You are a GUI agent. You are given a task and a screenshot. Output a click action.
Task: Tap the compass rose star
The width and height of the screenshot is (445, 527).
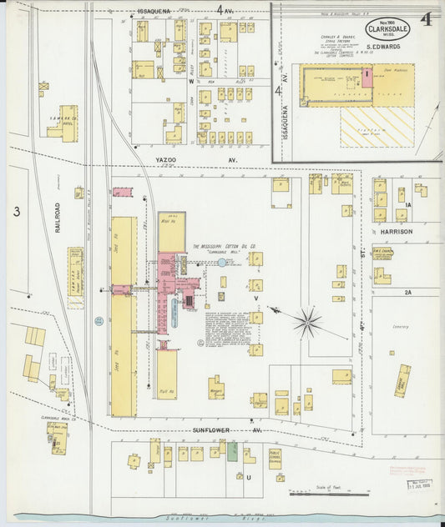pyautogui.click(x=308, y=321)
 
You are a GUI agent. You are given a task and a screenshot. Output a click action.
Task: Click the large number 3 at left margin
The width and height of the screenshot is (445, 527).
pyautogui.click(x=16, y=212)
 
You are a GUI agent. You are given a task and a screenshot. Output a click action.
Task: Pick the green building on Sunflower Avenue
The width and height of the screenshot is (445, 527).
pyautogui.click(x=233, y=453)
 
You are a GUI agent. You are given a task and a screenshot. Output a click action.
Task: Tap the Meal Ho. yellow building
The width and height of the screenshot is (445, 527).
pyautogui.click(x=171, y=231)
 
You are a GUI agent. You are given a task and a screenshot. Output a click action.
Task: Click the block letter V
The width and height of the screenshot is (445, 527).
pyautogui.click(x=256, y=298)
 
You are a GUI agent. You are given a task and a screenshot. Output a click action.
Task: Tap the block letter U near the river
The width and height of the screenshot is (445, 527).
pyautogui.click(x=248, y=476)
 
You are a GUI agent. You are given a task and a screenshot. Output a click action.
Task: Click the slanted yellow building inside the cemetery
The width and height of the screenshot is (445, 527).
pyautogui.click(x=402, y=379)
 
